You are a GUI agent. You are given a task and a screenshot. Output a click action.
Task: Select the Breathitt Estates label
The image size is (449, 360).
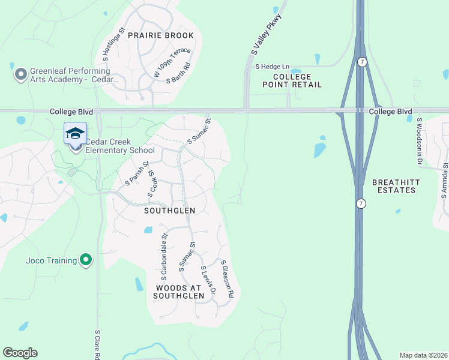[x=394, y=186]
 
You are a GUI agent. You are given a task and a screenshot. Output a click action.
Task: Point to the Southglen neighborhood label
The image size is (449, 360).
[x=170, y=211]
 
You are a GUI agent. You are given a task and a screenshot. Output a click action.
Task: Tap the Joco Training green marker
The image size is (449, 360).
[x=86, y=260]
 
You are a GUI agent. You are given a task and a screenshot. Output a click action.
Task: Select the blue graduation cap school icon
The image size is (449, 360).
[x=76, y=133]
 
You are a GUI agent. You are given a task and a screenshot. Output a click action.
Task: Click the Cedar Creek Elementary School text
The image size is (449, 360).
[x=120, y=146]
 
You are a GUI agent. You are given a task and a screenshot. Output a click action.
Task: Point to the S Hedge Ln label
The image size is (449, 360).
[x=272, y=67]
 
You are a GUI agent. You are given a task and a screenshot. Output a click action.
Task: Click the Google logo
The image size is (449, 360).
[x=20, y=353]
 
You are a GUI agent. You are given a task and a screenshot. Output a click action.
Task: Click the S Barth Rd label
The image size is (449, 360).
[x=179, y=74]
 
